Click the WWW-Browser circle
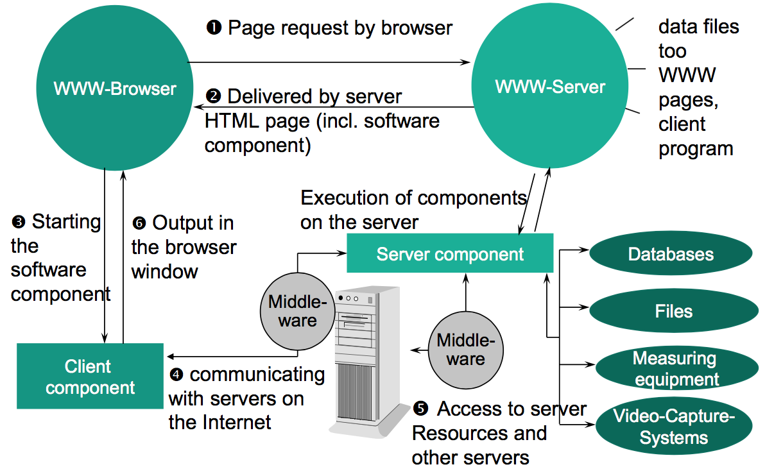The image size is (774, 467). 114,88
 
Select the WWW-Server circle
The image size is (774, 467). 550,86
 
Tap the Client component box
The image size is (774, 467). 90,377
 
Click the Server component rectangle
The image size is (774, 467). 450,254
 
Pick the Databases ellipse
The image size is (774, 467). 670,254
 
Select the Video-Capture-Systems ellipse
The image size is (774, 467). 673,427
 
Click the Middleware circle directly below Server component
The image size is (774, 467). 466,350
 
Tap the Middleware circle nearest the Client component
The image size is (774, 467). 297,311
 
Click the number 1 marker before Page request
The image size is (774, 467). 213,28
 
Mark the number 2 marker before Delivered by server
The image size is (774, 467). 213,97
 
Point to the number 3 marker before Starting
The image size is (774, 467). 18,223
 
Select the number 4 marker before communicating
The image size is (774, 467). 175,375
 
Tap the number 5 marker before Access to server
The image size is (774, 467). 420,409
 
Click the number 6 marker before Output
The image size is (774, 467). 139,224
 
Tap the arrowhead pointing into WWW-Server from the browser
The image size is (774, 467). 467,62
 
